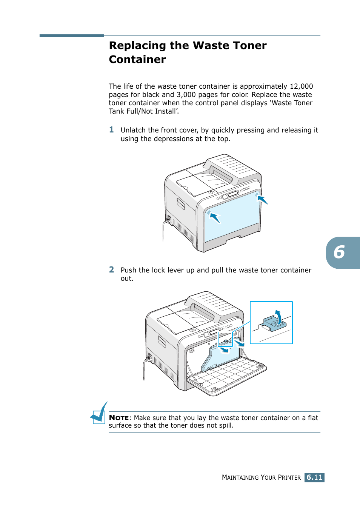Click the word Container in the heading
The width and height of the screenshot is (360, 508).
tap(137, 60)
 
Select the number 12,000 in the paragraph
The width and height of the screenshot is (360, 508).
tap(301, 86)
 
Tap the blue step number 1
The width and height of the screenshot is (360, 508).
tap(111, 130)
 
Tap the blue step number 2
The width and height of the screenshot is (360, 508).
tap(111, 270)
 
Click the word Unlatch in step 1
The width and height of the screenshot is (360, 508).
tap(133, 130)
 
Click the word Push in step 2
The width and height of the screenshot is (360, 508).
tap(128, 270)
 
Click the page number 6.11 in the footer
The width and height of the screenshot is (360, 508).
tap(314, 477)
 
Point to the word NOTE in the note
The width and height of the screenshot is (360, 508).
tap(119, 418)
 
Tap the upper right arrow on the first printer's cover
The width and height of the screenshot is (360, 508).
tap(262, 199)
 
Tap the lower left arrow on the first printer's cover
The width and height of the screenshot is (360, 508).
tap(214, 217)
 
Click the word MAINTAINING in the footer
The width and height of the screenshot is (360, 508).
tap(240, 477)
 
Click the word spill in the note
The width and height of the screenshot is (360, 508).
tap(226, 425)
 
